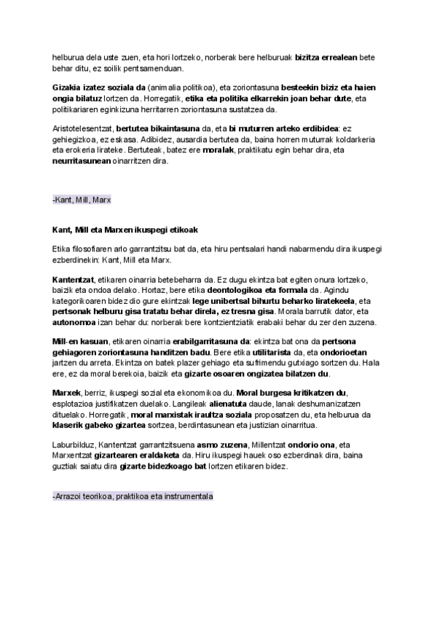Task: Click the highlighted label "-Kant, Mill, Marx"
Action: [x=82, y=199]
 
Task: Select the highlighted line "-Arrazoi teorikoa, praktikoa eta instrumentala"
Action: [x=133, y=496]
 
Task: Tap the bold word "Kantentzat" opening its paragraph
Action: [x=77, y=279]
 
